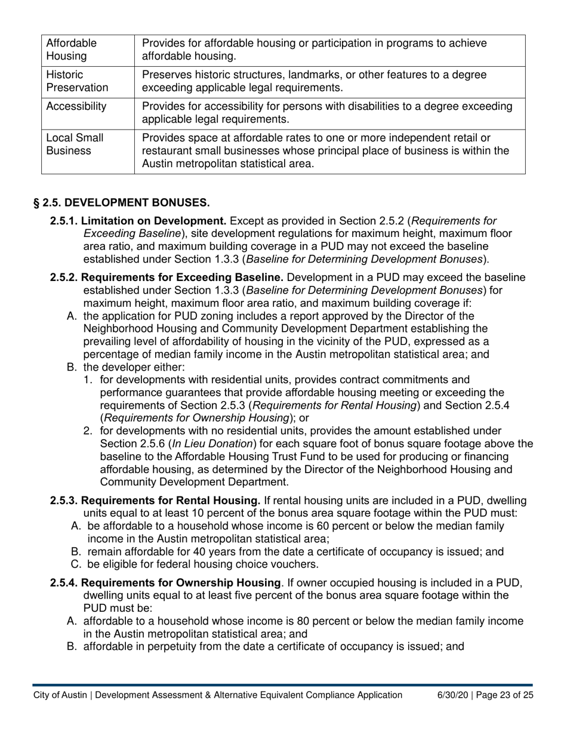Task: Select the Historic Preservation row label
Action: (x=77, y=81)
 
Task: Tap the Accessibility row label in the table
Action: (x=76, y=107)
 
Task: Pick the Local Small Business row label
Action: (x=75, y=144)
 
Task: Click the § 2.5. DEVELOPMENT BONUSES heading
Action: (x=121, y=203)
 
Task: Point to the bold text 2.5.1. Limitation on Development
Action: (x=138, y=221)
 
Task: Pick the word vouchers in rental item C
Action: (x=296, y=565)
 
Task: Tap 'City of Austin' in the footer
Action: (x=60, y=695)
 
